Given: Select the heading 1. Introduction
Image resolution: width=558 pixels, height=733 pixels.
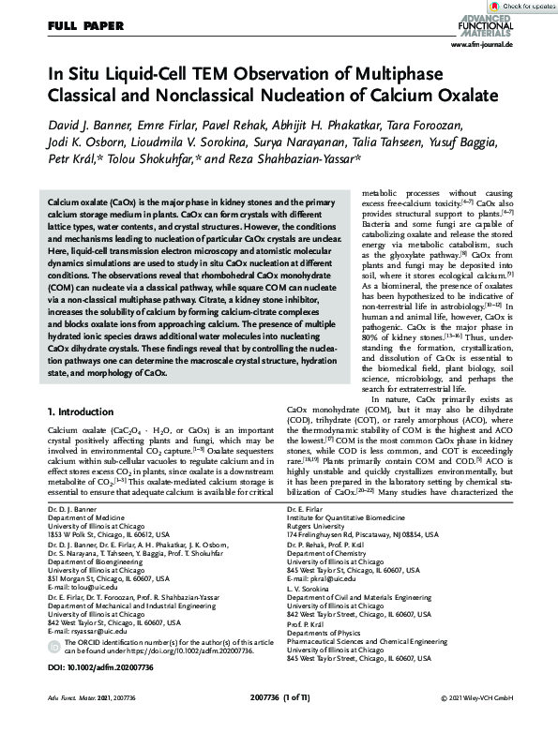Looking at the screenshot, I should click(82, 411).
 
